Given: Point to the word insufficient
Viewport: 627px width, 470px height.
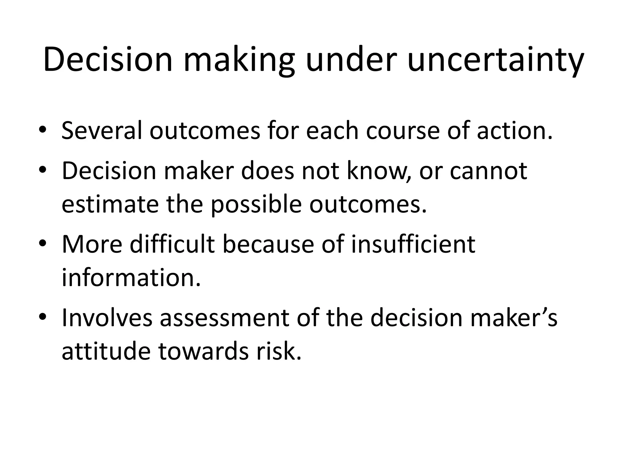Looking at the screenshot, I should point(413,244).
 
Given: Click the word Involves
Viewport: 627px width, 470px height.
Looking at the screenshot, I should point(107,318).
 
